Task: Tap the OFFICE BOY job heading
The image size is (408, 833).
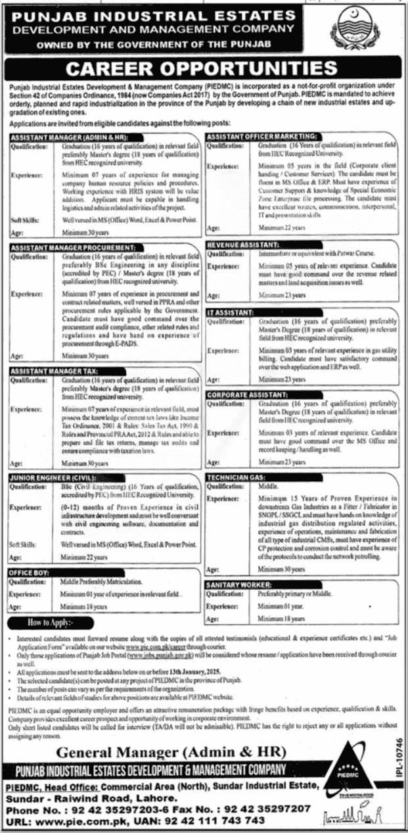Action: coord(28,573)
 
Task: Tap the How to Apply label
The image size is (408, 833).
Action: coord(51,622)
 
